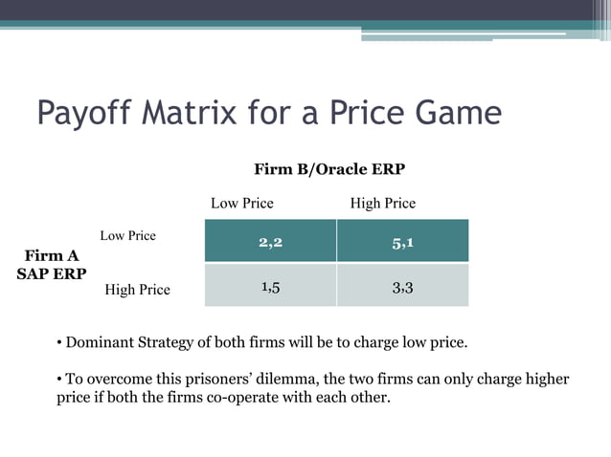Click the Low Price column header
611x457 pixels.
(241, 204)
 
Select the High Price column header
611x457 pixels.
(383, 204)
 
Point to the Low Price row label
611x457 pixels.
(127, 235)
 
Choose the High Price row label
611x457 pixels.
(137, 290)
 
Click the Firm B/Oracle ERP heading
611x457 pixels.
(328, 169)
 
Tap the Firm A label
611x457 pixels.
(52, 255)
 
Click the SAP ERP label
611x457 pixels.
(52, 273)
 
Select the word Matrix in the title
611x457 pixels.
(187, 114)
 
